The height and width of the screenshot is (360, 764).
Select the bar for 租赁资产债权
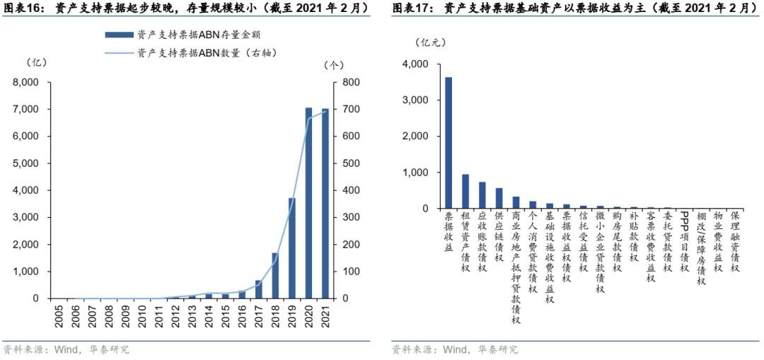tap(465, 191)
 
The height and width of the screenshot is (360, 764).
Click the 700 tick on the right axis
tap(352, 109)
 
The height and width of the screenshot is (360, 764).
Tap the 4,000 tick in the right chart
tap(415, 64)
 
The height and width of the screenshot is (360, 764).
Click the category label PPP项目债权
tap(684, 241)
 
